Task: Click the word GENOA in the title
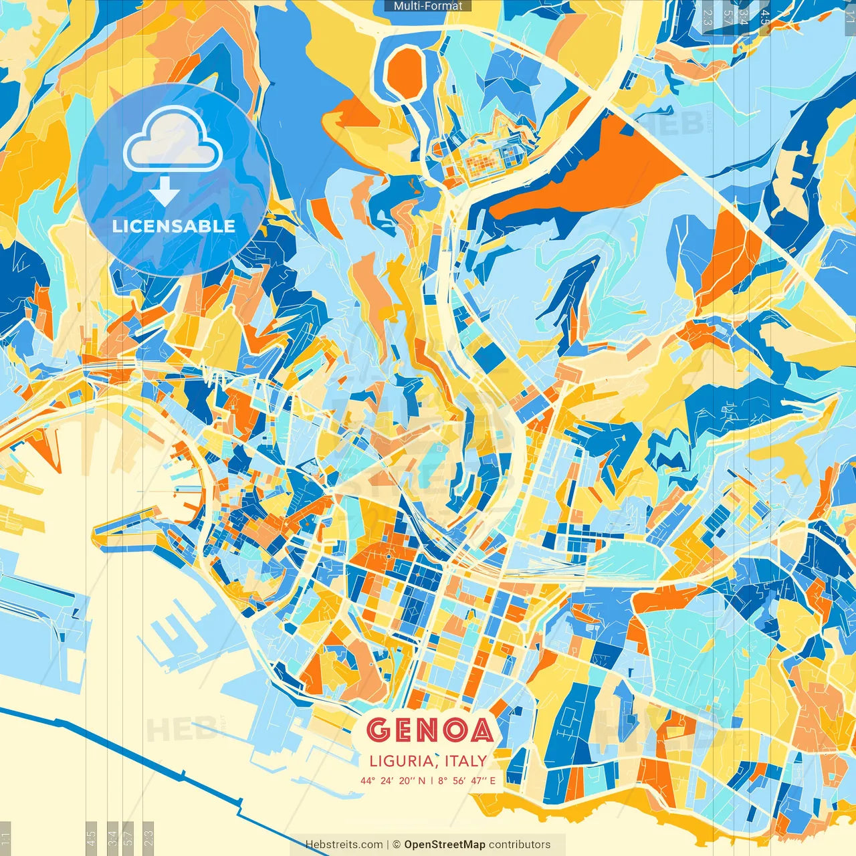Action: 430,730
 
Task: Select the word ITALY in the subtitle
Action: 465,761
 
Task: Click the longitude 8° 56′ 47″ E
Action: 467,780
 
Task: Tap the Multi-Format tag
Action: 428,6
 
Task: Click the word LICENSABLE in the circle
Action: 174,226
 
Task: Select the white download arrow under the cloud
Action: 165,192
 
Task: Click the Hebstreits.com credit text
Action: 344,845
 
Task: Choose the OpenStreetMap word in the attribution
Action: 444,845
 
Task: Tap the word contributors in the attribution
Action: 520,845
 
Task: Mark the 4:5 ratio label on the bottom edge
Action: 91,838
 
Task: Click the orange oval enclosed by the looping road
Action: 405,71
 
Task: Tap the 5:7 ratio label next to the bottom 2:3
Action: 128,838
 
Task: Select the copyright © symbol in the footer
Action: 397,845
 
